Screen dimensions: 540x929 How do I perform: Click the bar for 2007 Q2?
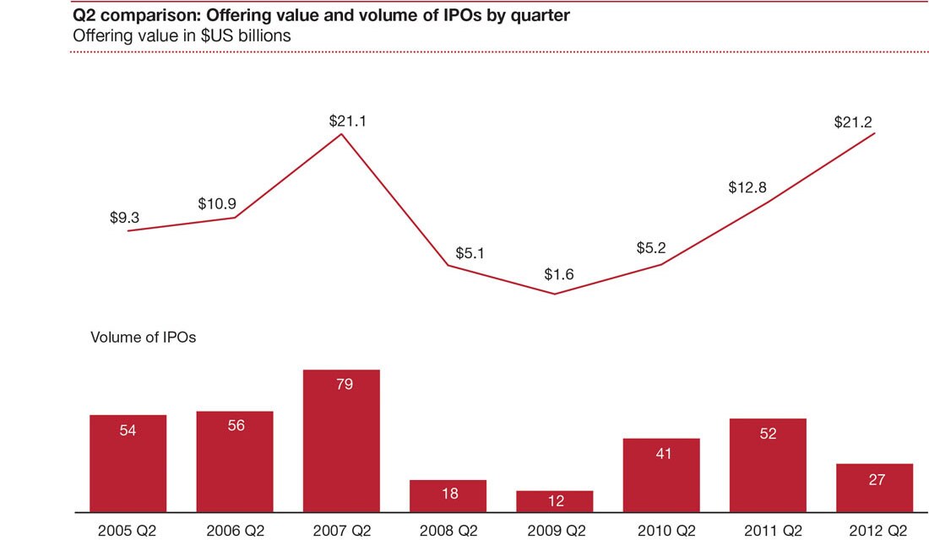[341, 440]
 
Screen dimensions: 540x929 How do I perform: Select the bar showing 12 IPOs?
[554, 501]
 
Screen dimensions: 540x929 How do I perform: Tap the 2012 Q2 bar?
[874, 488]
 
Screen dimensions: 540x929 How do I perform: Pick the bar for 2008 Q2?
[448, 495]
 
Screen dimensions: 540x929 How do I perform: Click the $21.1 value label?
[347, 121]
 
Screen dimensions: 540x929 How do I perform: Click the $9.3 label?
[124, 218]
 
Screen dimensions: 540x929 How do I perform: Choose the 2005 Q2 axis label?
[127, 531]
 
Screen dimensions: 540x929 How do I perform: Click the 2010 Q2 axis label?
[660, 531]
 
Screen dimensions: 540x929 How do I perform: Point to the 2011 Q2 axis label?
[767, 531]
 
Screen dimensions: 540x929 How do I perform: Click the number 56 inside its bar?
[236, 426]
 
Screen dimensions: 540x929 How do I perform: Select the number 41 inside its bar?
[661, 452]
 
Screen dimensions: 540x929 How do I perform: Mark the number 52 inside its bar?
[768, 434]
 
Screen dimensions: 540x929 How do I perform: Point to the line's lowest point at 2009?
[554, 294]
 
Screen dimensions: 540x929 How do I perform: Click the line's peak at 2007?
[341, 132]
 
